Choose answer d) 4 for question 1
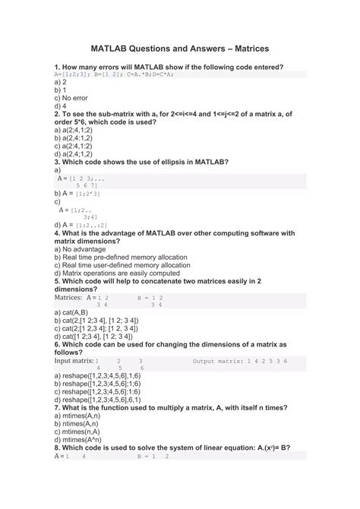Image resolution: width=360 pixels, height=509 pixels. click(60, 106)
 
